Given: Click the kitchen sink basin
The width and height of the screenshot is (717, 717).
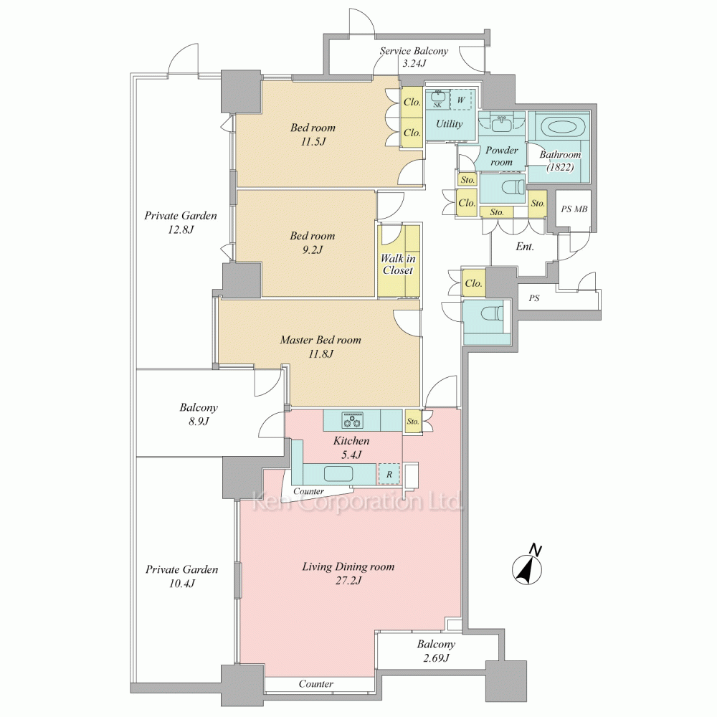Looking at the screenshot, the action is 338,473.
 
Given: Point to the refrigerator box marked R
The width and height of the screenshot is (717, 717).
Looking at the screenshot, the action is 389,474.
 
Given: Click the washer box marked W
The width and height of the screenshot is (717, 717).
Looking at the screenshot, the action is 461,100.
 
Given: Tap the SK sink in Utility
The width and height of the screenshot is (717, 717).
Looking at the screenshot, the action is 437,99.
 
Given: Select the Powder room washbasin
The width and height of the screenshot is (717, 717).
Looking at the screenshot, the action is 502,123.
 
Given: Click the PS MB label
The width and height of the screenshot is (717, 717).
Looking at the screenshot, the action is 574,209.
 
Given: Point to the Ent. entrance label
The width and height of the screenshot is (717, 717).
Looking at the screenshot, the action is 525,247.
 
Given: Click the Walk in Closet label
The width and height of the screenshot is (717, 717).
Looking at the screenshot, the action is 398,265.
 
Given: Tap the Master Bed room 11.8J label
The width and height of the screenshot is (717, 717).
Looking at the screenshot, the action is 320,346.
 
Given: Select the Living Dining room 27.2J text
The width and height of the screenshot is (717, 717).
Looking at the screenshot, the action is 348,574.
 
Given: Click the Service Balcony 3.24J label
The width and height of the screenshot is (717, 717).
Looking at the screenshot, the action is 414,57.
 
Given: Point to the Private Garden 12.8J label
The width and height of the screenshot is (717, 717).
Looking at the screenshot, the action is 181,222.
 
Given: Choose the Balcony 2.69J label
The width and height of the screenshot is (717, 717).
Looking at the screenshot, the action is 436,651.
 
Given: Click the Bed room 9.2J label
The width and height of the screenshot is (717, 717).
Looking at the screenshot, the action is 313,242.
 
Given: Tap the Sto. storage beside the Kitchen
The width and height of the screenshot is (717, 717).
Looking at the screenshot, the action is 413,421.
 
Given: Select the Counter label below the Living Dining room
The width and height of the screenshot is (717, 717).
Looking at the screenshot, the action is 316,683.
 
